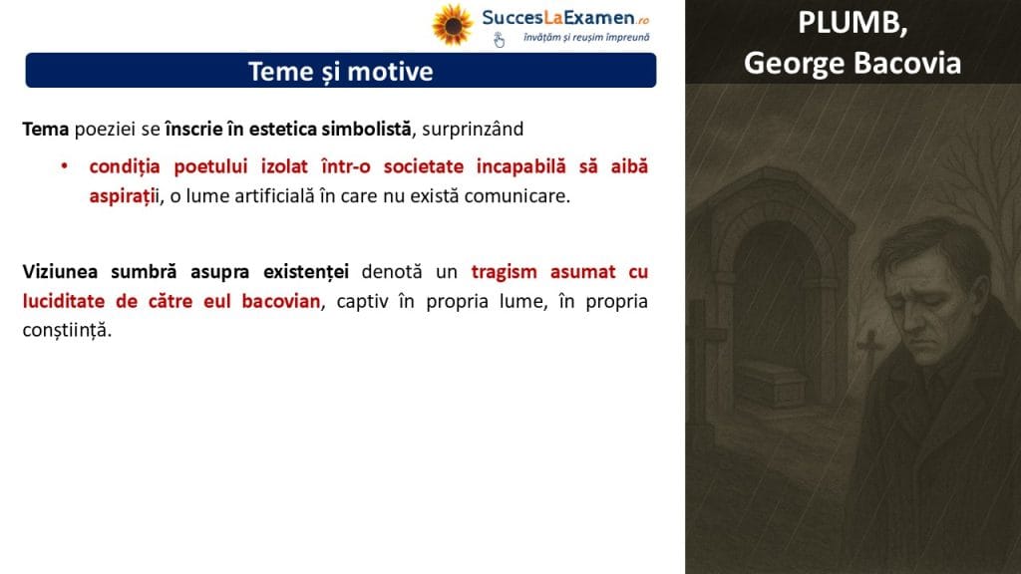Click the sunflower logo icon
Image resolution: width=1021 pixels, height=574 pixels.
tap(453, 25)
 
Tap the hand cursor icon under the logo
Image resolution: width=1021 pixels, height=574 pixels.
tap(499, 40)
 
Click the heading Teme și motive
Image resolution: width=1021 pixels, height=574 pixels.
tap(341, 72)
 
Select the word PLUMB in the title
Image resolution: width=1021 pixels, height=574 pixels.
tap(852, 24)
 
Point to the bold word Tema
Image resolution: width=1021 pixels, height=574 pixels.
tap(46, 129)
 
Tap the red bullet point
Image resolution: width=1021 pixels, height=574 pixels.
tap(65, 166)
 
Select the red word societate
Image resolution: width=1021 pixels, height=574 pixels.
tap(423, 166)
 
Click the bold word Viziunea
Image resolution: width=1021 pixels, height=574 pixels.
tap(60, 271)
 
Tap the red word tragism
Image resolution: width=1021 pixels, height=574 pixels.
tap(504, 272)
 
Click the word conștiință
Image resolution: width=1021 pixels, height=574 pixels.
tap(67, 330)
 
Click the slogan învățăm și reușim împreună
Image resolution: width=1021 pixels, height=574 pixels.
tap(586, 38)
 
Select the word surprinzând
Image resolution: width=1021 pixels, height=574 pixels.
tap(473, 129)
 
